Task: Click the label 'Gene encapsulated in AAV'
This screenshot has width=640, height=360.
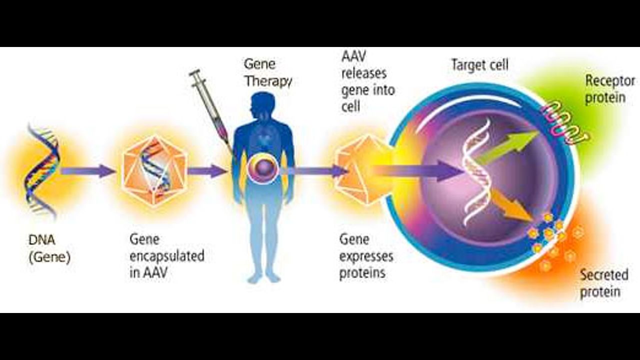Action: (x=166, y=255)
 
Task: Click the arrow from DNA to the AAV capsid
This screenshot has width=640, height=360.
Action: (x=88, y=171)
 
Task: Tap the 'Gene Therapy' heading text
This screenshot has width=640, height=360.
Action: (x=266, y=72)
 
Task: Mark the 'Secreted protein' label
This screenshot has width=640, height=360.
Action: (x=603, y=283)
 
